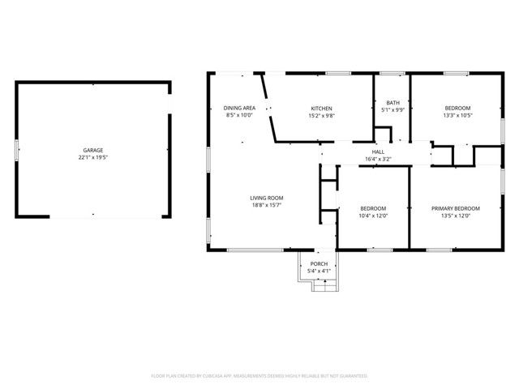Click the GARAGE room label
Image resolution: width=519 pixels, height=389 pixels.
click(x=92, y=150)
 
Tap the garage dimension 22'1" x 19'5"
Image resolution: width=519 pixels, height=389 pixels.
click(x=92, y=157)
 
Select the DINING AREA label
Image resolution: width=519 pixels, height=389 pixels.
click(x=239, y=108)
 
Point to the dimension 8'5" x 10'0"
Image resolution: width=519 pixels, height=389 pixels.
click(x=239, y=115)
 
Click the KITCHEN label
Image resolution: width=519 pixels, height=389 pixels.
click(x=322, y=108)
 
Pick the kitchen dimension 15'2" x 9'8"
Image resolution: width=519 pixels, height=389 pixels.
click(x=322, y=115)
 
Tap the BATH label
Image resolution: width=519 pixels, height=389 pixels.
click(x=392, y=102)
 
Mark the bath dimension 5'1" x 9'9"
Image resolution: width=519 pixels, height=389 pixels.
click(x=392, y=109)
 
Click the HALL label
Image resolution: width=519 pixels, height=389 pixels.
click(x=378, y=152)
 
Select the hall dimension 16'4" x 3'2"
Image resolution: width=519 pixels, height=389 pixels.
click(x=378, y=159)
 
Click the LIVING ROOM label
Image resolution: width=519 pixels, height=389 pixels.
click(x=266, y=198)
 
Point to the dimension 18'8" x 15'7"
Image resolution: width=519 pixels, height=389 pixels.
click(x=266, y=205)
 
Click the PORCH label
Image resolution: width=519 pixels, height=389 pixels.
click(x=320, y=263)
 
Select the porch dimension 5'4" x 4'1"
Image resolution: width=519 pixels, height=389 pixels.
click(x=320, y=270)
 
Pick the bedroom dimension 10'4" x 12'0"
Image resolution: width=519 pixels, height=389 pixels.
click(x=373, y=216)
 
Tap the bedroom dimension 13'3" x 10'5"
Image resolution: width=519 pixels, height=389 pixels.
click(x=457, y=115)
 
